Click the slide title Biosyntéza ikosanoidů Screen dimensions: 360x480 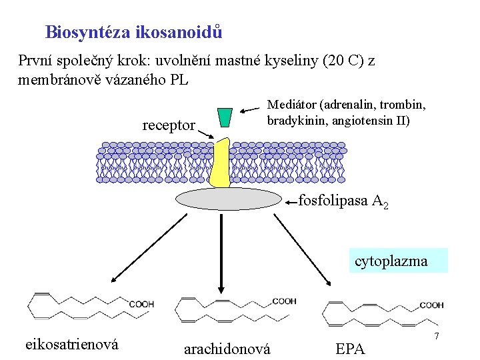coord(134,32)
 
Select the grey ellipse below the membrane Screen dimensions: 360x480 coord(229,199)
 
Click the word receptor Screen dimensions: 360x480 coord(169,125)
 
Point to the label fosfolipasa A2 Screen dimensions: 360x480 coord(343,201)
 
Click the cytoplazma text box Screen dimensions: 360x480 coord(391,261)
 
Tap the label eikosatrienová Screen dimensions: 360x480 coord(72,344)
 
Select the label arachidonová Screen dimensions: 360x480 coord(227,348)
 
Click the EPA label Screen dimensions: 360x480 coord(350,348)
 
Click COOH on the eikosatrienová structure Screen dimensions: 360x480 coord(141,305)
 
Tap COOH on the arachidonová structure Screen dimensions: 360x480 coord(283,301)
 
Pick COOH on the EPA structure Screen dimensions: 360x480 coord(431,305)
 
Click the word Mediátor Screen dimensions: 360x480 coord(291,105)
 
